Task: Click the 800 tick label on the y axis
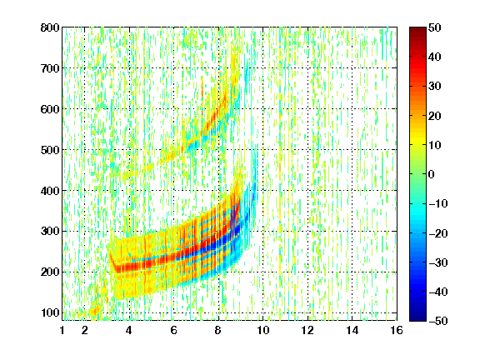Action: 50,27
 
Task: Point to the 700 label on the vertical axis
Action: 50,68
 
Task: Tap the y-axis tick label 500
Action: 50,150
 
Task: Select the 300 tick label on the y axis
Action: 50,231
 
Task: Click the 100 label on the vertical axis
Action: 50,312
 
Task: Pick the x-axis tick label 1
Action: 62,330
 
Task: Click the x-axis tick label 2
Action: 85,330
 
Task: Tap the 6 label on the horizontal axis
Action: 174,330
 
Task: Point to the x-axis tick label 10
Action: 263,330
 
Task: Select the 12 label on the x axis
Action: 307,330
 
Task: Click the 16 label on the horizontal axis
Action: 397,330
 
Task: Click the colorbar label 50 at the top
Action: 434,27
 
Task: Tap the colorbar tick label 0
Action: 432,174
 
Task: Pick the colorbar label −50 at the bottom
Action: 438,321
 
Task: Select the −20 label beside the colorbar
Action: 438,233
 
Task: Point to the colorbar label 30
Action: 434,87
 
